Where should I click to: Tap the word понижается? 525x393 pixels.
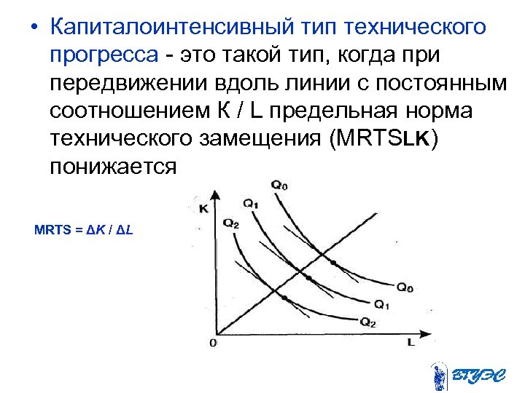point(114,166)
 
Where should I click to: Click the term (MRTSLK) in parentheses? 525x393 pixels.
point(384,138)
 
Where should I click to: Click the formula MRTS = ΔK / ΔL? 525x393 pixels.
point(84,231)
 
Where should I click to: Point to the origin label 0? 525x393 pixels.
point(213,342)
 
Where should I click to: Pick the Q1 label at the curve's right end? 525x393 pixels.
point(381,303)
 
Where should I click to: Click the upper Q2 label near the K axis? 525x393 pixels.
point(231,223)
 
